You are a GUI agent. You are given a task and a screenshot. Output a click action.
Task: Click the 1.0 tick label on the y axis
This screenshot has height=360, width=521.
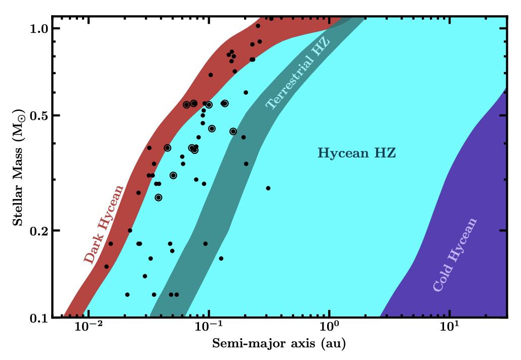[x=39, y=28]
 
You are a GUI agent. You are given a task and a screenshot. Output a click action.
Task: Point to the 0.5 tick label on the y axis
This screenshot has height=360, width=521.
[x=39, y=115]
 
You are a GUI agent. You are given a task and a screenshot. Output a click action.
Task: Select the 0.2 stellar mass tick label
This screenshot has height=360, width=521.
[x=39, y=230]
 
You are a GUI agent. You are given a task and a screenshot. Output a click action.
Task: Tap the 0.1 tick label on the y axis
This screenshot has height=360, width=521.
[x=39, y=317]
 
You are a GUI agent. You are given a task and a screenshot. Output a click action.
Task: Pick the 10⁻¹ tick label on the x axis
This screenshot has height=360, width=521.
[x=208, y=329]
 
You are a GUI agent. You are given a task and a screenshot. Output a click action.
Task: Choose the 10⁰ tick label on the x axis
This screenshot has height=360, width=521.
[x=329, y=329]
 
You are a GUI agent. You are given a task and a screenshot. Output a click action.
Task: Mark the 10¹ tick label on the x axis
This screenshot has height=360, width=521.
[x=449, y=329]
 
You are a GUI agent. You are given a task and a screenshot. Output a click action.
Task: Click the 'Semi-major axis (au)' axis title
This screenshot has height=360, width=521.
[x=278, y=345]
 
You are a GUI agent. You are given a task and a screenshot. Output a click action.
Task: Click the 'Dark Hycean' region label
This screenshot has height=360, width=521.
[x=104, y=224]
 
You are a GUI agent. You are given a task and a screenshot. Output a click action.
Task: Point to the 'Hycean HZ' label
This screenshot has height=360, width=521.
[x=356, y=153]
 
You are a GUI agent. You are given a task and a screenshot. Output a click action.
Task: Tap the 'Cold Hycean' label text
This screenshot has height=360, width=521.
[x=455, y=255]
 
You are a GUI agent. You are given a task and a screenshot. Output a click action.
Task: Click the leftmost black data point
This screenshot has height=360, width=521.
[x=106, y=266]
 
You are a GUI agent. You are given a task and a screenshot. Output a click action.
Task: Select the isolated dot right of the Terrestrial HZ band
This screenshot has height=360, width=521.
[x=268, y=188]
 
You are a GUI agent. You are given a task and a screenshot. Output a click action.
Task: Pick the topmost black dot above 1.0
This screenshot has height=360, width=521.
[x=271, y=19]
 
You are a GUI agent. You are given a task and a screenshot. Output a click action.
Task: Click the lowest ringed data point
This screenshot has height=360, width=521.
[x=158, y=197]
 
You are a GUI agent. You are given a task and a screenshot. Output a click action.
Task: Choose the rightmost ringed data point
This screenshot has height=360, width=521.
[x=233, y=131]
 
